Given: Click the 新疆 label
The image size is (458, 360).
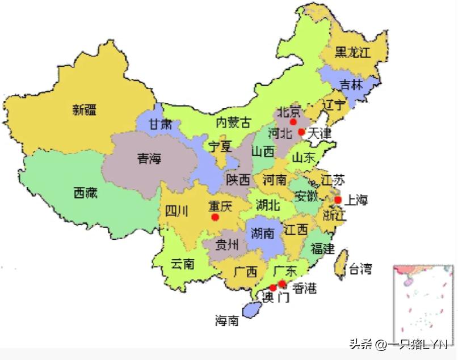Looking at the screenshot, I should click(85, 110).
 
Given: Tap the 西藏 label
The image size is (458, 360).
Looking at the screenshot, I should click(85, 193).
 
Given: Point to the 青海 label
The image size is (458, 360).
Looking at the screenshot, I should click(149, 159).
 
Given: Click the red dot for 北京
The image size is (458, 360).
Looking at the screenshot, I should click(293, 122).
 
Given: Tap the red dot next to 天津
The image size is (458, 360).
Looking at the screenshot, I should click(301, 132).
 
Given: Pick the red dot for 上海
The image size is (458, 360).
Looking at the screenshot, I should click(338, 200).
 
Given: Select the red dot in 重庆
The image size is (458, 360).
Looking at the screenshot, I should click(215, 217).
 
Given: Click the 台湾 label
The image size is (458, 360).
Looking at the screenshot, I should click(360, 269).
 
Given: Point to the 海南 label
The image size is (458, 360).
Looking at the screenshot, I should click(226, 321).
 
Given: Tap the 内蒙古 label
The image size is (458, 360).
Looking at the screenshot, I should click(233, 122).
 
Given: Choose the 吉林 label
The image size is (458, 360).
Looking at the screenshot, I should click(351, 85).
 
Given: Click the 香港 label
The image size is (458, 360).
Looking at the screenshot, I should click(304, 289).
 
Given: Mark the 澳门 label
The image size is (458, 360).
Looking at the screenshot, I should click(276, 297).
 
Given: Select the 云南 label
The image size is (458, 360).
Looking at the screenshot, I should click(183, 264).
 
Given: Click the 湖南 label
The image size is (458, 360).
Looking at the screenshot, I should click(262, 233).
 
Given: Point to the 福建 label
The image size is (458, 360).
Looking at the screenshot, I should click(323, 248).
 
